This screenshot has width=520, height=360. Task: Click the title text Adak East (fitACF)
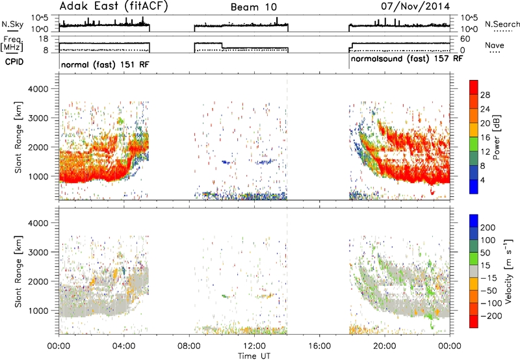point(114,6)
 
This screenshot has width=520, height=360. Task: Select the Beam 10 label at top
point(253,7)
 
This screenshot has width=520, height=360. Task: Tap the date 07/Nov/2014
point(415,6)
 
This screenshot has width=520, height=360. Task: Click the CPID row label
point(14,62)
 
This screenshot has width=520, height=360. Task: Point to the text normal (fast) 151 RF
point(105,64)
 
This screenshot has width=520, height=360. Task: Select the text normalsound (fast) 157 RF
point(407,59)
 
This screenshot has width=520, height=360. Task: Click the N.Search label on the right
point(502,24)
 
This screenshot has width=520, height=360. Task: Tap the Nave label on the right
point(495,45)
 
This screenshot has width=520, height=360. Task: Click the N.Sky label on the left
point(12,24)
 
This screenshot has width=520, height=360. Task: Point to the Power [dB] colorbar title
point(496,137)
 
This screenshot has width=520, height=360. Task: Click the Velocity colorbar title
point(508,271)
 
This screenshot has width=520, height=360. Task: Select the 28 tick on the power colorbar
point(485,96)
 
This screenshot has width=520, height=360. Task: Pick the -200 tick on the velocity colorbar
point(491,316)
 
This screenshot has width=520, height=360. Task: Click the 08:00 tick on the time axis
point(189,346)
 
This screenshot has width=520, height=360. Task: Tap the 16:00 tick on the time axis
point(319,346)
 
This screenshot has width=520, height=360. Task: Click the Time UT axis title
point(254,356)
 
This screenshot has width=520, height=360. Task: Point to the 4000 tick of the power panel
point(38,89)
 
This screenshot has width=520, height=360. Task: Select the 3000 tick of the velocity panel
point(38,252)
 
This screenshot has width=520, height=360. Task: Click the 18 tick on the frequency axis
point(44,39)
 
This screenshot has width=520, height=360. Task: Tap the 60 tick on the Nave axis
point(465,39)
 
